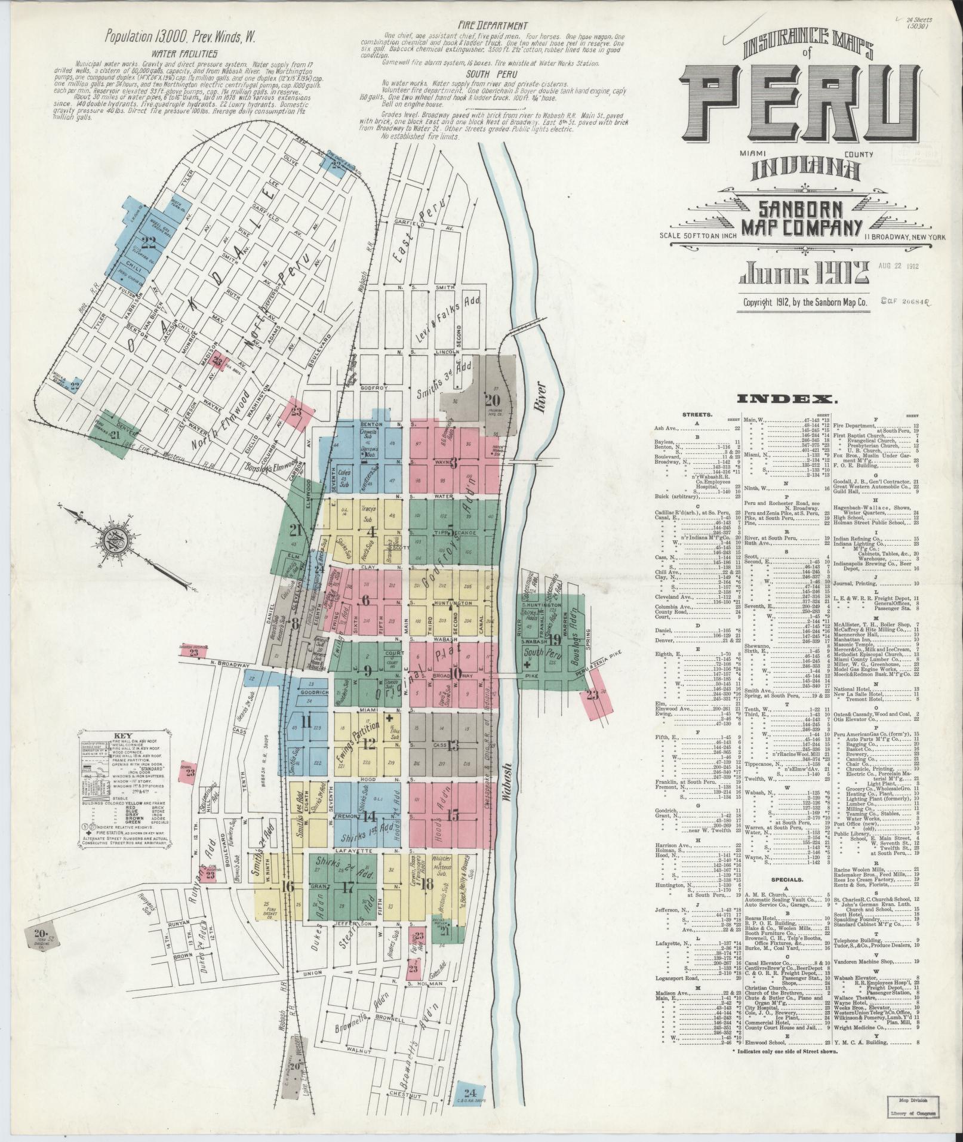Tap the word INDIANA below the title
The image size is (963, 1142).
pyautogui.click(x=806, y=171)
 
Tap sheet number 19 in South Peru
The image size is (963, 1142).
pyautogui.click(x=555, y=639)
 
